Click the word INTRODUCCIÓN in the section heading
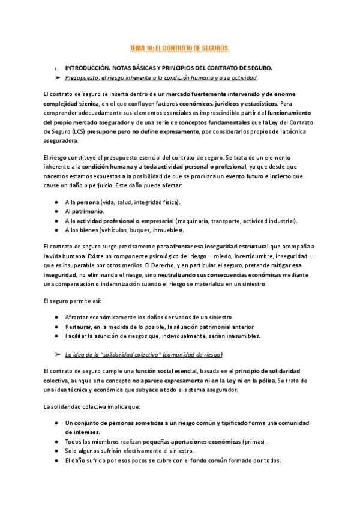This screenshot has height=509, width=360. pos(90,68)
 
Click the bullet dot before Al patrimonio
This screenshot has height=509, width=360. pos(56,212)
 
